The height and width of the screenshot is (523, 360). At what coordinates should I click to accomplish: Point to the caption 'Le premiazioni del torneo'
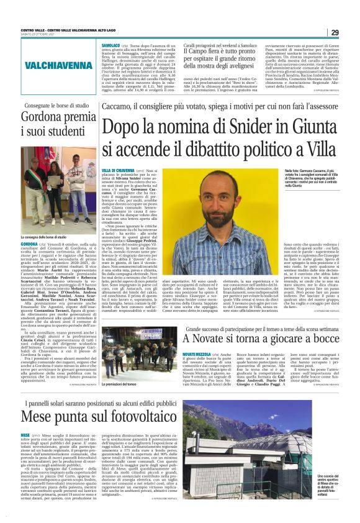pyautogui.click(x=120, y=384)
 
